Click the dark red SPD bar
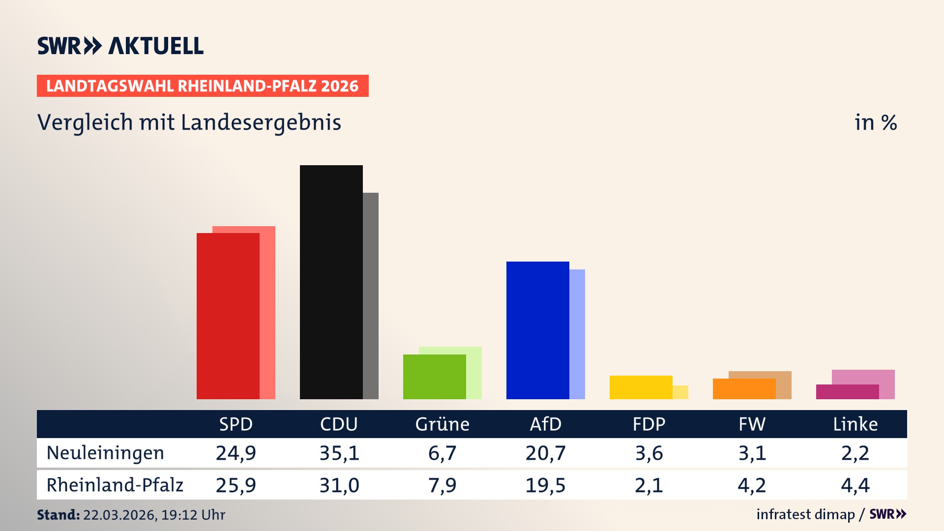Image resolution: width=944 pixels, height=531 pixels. [228, 316]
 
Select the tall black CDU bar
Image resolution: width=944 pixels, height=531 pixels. [331, 282]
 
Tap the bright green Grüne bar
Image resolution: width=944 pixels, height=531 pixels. [434, 377]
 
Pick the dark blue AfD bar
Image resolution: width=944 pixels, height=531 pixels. [537, 330]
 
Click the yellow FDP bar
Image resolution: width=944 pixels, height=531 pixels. [641, 387]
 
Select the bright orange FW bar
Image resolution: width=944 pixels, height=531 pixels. [744, 389]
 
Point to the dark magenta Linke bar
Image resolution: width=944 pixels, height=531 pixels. [847, 392]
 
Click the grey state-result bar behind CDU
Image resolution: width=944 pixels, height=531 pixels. [371, 295]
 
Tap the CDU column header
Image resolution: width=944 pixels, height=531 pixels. [339, 424]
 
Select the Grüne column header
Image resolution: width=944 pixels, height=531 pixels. [442, 424]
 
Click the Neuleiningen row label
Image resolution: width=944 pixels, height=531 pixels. [105, 453]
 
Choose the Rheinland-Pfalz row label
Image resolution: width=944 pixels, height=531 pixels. [115, 485]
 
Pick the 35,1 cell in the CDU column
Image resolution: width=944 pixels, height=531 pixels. [339, 453]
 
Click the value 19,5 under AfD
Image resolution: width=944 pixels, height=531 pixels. [545, 485]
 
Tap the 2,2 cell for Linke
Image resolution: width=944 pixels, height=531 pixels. [855, 453]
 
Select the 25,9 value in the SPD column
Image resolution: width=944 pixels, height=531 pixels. [236, 485]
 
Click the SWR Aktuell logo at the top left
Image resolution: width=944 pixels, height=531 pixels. [120, 46]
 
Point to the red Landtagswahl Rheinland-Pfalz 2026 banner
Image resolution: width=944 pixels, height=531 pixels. [203, 86]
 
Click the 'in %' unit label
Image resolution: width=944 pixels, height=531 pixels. [875, 122]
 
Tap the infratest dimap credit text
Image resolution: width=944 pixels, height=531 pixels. [805, 514]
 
